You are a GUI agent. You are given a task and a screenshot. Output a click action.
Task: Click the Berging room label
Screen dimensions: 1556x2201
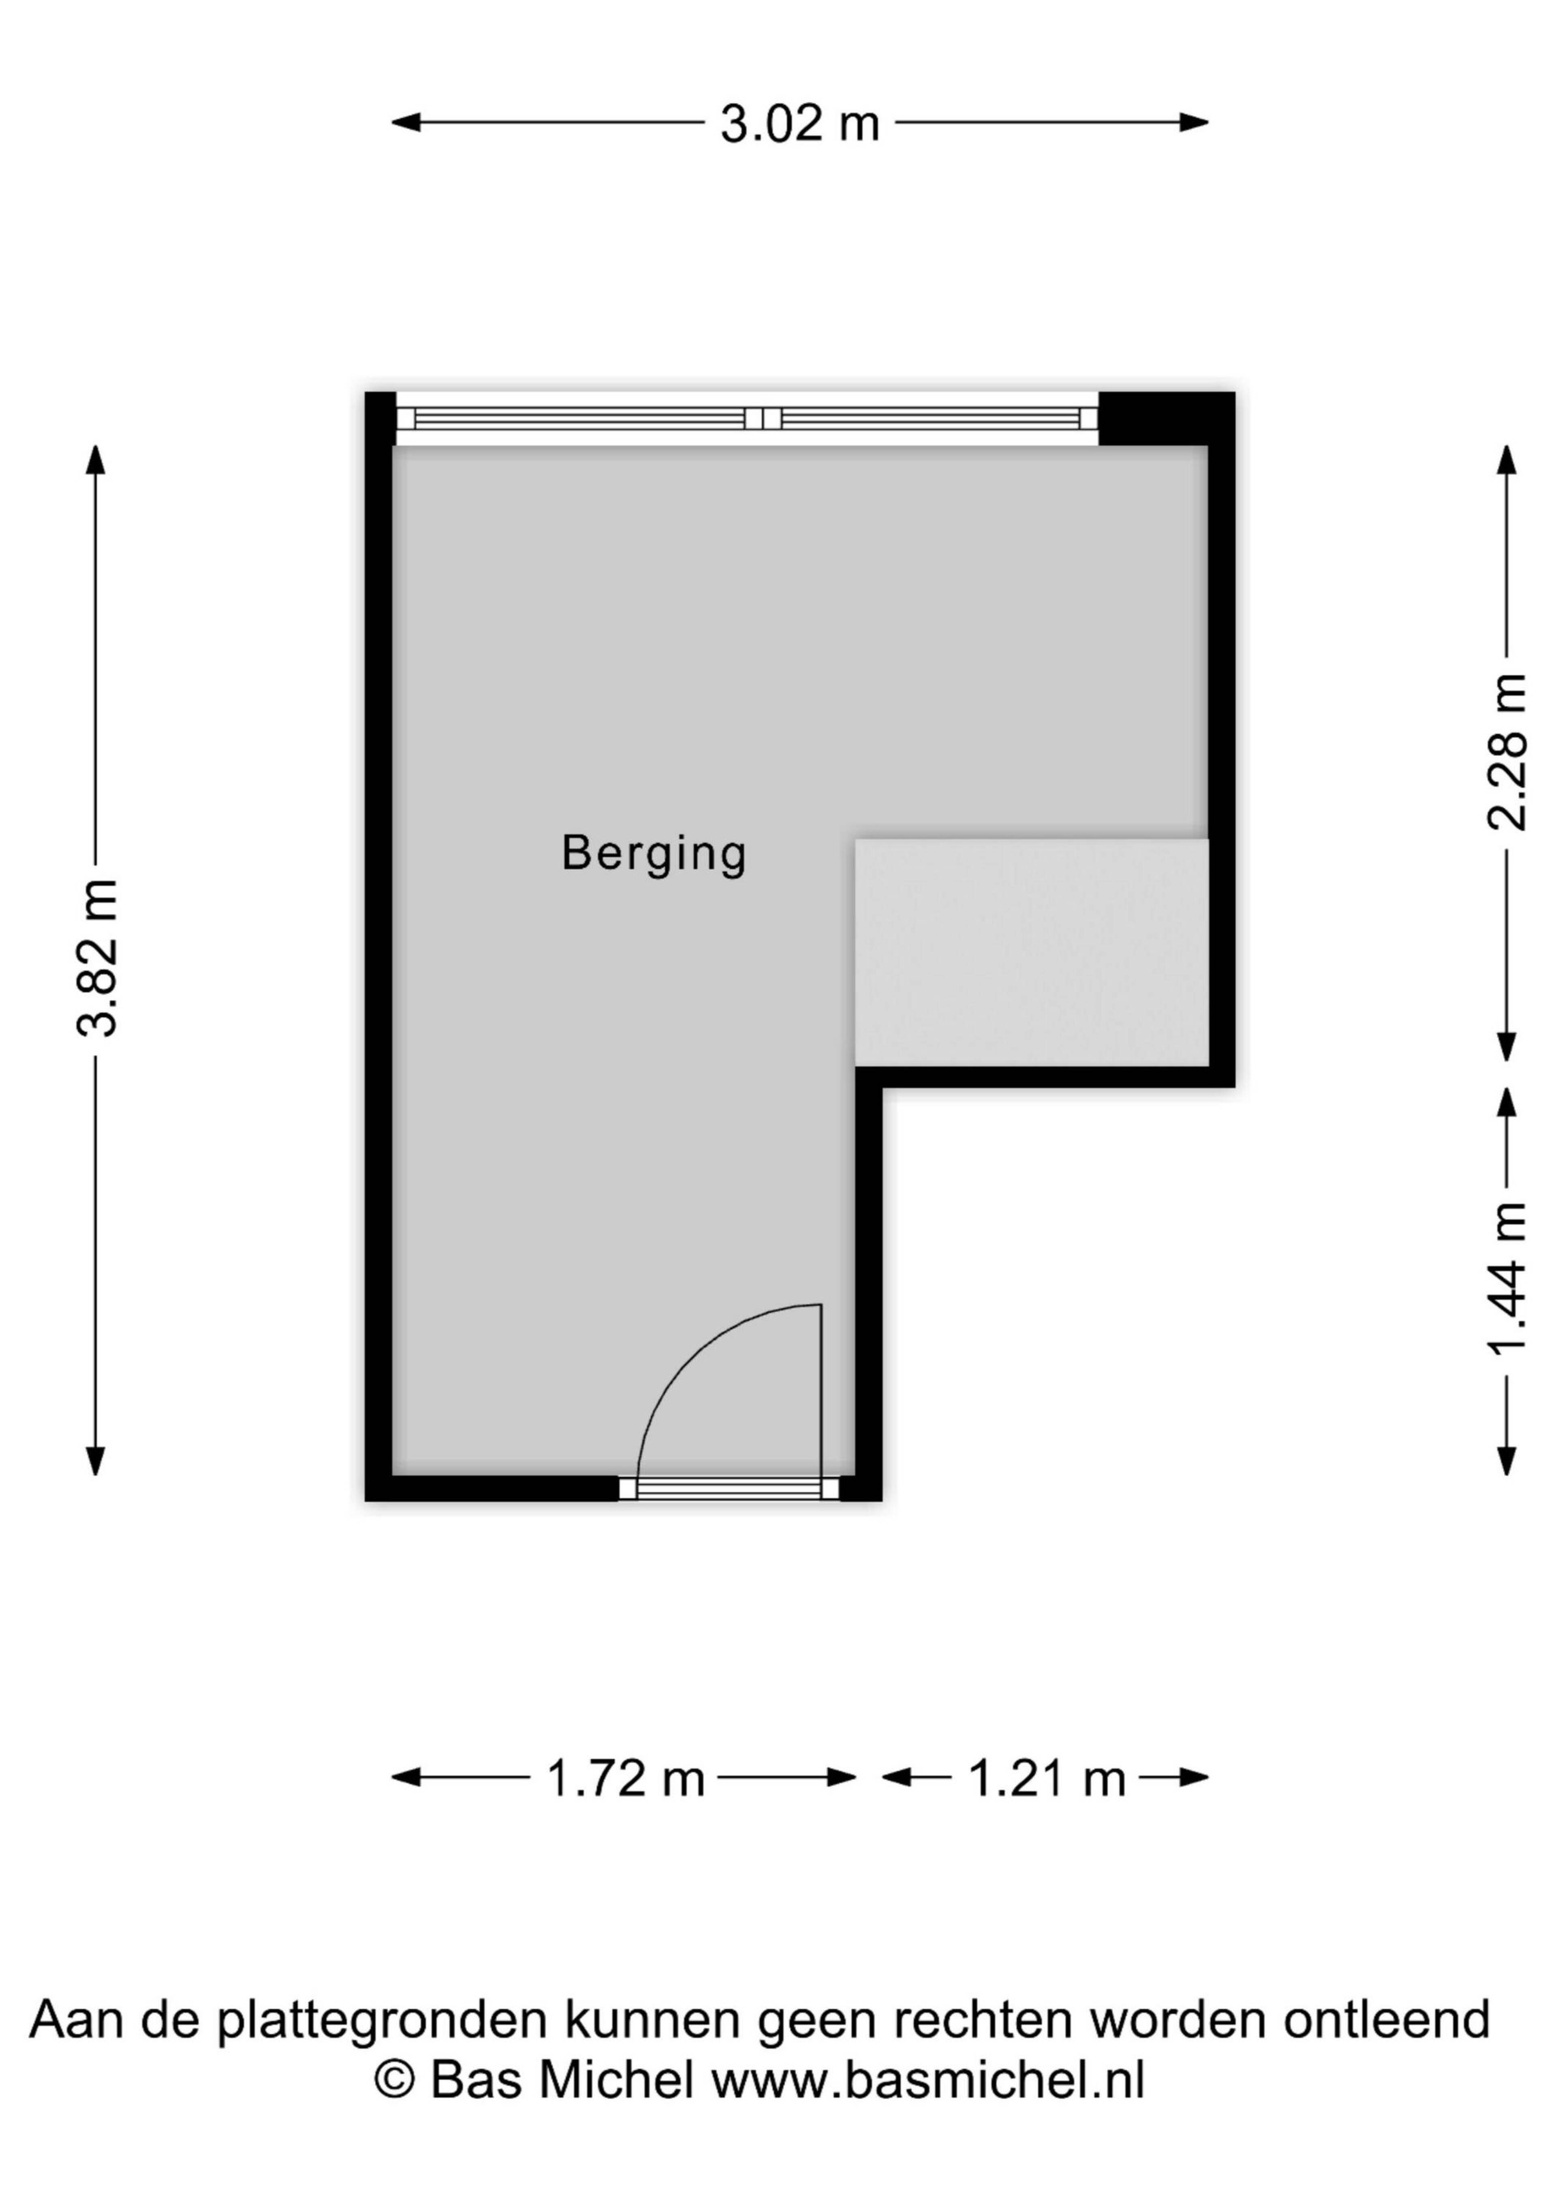(x=654, y=853)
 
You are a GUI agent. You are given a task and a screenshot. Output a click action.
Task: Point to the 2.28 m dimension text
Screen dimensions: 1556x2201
(x=1506, y=751)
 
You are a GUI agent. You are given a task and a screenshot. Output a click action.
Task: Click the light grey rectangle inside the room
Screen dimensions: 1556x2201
(x=1032, y=952)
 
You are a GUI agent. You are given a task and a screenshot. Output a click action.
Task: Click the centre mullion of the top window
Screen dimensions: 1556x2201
(x=763, y=418)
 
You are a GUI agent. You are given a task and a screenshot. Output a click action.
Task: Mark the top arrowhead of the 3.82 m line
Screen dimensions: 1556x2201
(x=95, y=460)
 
